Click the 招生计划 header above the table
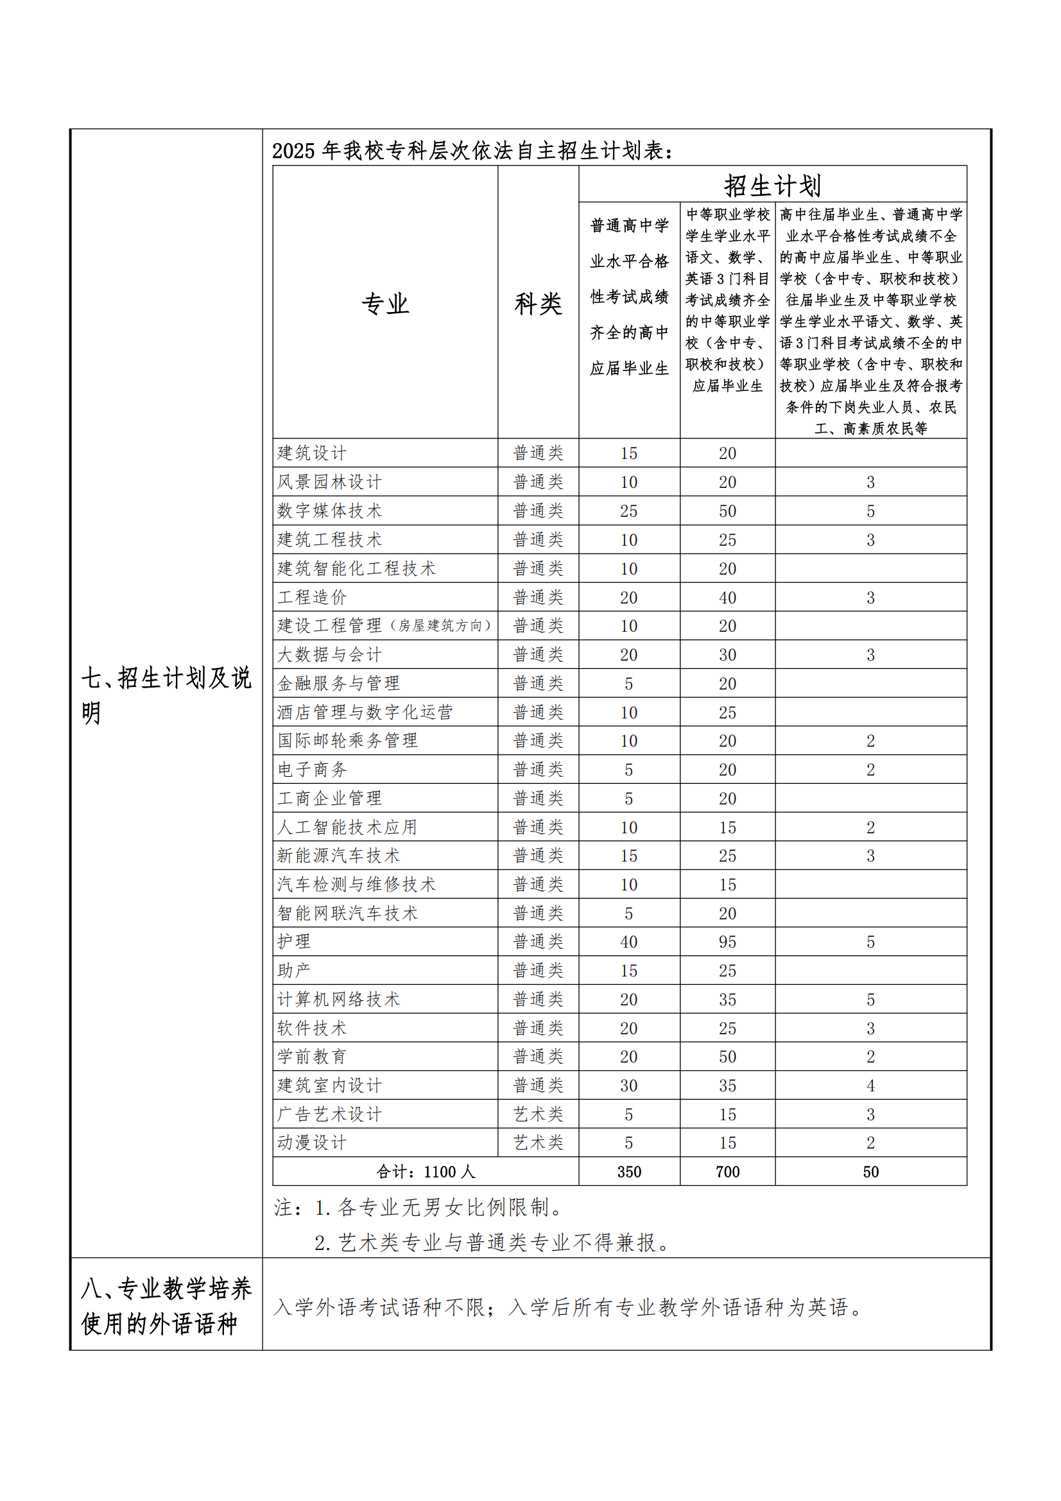[772, 185]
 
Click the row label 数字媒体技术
[329, 510]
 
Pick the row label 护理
[294, 941]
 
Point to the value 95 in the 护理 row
[727, 942]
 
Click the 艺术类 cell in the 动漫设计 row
[538, 1143]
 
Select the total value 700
[727, 1172]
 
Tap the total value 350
[629, 1172]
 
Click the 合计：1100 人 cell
[426, 1172]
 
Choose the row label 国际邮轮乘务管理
[347, 741]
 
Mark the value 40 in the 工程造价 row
[727, 598]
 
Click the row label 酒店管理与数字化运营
[365, 712]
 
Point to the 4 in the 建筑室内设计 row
[870, 1086]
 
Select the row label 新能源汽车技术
[338, 856]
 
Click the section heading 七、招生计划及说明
[166, 695]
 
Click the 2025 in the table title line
[293, 151]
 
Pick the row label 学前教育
[311, 1057]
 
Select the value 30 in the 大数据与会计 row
[727, 655]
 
